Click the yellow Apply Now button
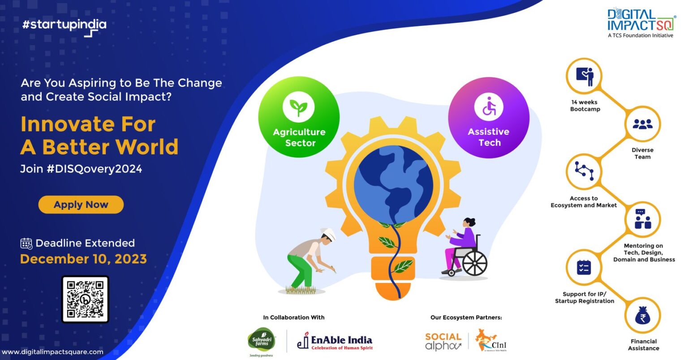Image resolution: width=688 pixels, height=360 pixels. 81,205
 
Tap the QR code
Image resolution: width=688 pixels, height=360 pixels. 85,299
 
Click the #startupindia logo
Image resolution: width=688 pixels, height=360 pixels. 64,26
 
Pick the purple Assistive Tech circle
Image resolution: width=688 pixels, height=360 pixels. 489,118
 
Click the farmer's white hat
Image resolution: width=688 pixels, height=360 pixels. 328,234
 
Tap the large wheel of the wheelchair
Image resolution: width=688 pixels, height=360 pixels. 474,263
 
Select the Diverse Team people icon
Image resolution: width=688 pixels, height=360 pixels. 642,124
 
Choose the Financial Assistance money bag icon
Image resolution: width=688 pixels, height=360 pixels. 643,317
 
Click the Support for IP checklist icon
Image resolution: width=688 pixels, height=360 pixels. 584,267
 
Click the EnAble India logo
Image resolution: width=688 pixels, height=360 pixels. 335,342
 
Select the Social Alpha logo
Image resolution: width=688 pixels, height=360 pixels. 443,341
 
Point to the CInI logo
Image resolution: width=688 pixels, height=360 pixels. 491,341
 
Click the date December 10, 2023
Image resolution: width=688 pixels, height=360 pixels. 83,259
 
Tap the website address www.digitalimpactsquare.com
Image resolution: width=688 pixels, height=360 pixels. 52,352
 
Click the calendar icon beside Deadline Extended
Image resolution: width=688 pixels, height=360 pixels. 26,243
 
